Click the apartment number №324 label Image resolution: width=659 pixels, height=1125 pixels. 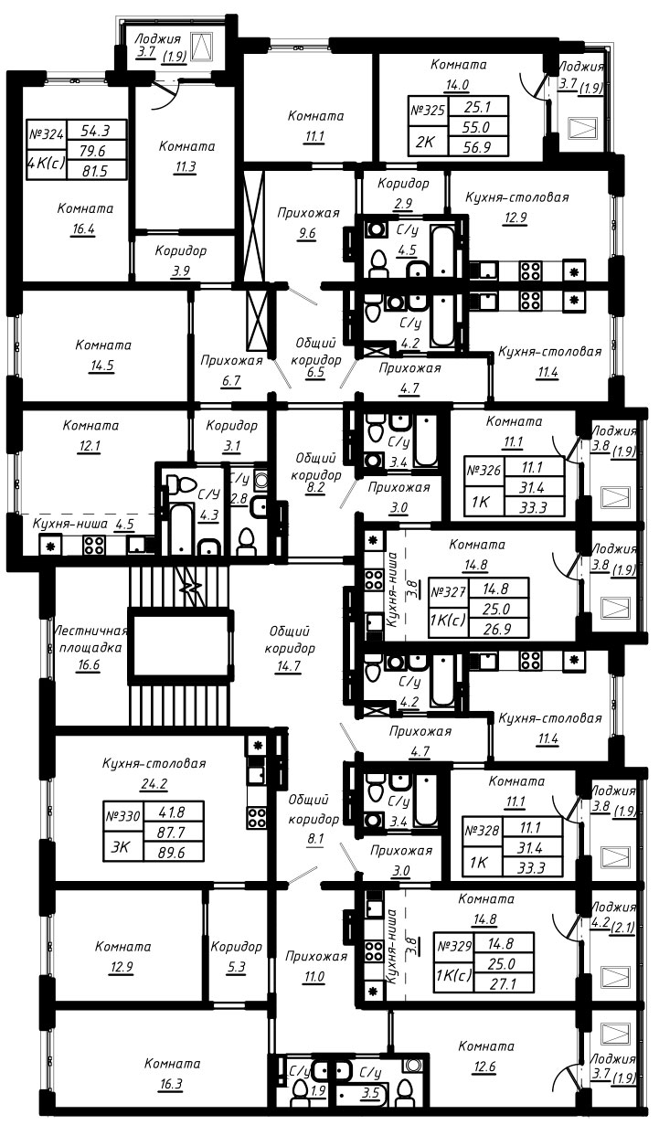tap(47, 135)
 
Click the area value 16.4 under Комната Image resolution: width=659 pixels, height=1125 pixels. tap(83, 229)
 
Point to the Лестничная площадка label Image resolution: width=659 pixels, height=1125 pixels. tap(90, 639)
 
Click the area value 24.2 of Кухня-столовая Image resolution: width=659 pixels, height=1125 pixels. tap(154, 783)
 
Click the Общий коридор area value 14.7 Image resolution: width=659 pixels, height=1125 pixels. tap(289, 666)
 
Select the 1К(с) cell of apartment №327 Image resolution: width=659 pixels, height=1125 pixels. tap(448, 621)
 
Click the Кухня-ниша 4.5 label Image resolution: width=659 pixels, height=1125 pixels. tap(83, 525)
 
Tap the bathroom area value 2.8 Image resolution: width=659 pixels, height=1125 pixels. tap(239, 499)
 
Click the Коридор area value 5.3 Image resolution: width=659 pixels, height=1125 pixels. tap(236, 967)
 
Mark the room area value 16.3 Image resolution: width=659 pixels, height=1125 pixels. tap(171, 1084)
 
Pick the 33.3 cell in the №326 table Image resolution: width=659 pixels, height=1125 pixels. tap(534, 507)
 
